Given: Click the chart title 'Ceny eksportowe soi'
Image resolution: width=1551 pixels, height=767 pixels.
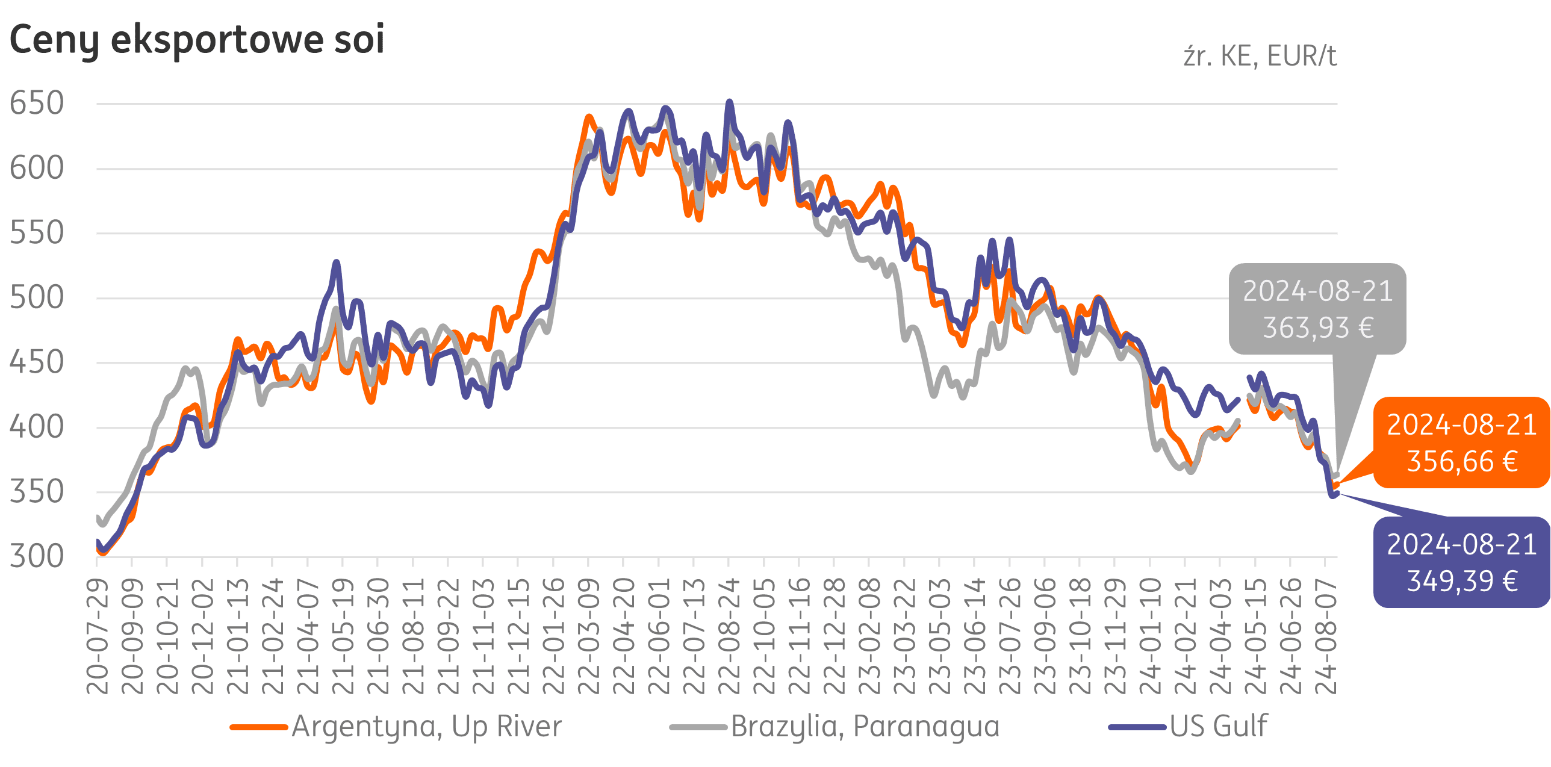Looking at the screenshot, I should click(x=196, y=40).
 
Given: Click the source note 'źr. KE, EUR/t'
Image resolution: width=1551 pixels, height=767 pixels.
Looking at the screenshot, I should click(x=1260, y=57).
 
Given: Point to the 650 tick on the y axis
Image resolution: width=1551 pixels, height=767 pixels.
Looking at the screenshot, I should click(x=37, y=103).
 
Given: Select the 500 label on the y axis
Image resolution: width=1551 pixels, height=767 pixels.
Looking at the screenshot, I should click(x=37, y=297).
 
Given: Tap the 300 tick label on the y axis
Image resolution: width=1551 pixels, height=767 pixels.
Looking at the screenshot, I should click(x=37, y=557).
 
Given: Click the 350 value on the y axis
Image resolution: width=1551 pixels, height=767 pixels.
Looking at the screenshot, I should click(x=37, y=492).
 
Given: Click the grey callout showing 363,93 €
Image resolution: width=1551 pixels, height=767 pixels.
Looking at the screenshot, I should click(x=1317, y=309).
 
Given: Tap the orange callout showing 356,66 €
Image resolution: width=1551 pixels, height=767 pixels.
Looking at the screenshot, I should click(x=1461, y=442).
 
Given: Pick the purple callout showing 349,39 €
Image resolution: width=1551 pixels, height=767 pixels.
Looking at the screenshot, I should click(x=1461, y=562).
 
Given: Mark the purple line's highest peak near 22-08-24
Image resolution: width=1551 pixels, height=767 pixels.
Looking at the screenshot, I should click(x=730, y=102).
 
